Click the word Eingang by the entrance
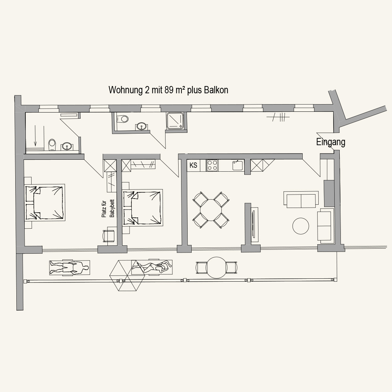331,142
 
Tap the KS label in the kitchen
193,165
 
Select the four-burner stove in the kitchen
212,165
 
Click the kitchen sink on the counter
237,165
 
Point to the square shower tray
176,121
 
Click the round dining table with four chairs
211,210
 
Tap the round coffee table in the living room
301,226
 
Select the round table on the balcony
216,268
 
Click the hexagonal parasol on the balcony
127,275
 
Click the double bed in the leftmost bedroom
45,203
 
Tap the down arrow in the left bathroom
35,135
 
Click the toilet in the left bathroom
52,145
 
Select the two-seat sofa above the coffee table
301,200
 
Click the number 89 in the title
169,90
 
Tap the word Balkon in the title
216,90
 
